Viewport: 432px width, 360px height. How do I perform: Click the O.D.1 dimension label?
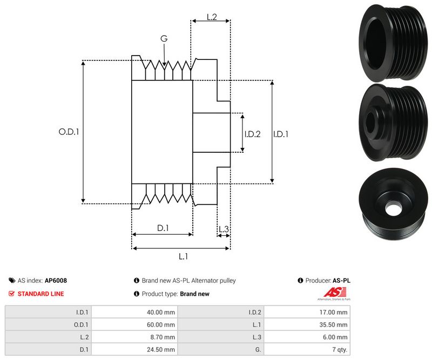click(69, 131)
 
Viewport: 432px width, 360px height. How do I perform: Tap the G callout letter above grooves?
click(164, 39)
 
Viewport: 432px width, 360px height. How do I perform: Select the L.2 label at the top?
click(212, 17)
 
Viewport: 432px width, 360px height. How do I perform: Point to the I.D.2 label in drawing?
click(252, 134)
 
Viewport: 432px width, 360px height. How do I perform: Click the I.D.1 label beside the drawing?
click(280, 134)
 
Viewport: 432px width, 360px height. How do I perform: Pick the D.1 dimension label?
click(163, 228)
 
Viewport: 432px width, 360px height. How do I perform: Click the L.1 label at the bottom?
click(183, 256)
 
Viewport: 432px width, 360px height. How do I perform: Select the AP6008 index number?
click(56, 281)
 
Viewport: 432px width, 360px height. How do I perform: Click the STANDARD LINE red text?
click(40, 294)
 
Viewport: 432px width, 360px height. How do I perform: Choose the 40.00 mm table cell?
click(161, 312)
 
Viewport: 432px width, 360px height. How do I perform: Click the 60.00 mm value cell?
click(161, 325)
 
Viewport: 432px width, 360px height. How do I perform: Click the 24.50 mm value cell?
click(161, 350)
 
